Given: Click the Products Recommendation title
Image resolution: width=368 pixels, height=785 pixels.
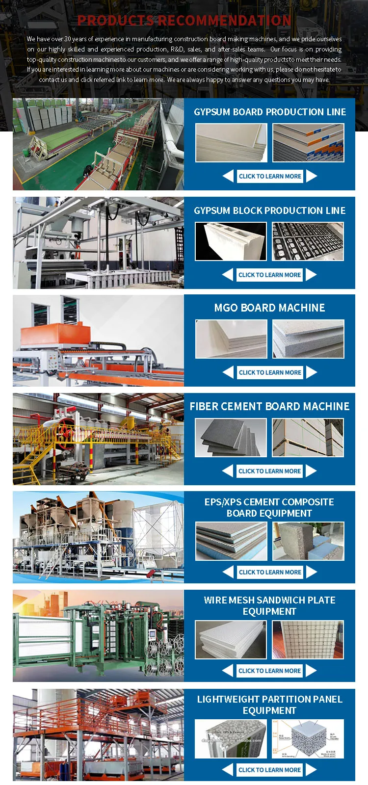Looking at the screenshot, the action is (x=184, y=20).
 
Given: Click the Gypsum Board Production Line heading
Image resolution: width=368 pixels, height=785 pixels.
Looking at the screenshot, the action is (x=270, y=112).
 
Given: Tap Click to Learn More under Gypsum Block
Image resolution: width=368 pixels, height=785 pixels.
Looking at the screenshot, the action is (x=269, y=275).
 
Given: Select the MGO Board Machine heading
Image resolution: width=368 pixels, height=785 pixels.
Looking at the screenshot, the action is (x=269, y=308).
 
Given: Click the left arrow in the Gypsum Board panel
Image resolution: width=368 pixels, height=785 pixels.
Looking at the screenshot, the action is (x=228, y=176).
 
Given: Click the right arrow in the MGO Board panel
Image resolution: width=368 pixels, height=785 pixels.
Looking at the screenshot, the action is (x=312, y=372).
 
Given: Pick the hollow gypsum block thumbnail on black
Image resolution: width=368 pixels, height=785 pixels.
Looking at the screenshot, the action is (x=231, y=241).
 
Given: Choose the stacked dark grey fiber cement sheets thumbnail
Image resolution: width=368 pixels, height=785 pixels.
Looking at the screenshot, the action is (x=231, y=438).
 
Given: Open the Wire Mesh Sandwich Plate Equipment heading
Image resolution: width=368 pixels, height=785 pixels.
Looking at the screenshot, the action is (x=269, y=605).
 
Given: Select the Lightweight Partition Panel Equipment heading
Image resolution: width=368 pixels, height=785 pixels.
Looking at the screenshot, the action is (x=269, y=705).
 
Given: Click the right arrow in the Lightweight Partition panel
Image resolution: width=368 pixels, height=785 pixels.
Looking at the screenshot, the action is (x=311, y=770).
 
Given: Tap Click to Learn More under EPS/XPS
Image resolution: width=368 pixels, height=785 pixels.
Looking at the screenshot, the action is (x=270, y=572).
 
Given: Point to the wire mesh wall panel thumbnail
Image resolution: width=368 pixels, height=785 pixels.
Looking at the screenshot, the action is (x=308, y=640).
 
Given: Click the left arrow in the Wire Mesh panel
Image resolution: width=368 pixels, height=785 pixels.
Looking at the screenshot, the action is (x=228, y=671).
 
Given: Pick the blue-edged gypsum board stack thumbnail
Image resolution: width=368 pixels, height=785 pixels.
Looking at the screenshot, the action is (x=308, y=143).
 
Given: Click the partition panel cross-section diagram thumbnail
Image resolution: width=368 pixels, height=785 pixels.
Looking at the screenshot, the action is (x=308, y=739).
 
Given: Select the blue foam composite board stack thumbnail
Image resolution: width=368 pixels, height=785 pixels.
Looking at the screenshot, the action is (x=231, y=541).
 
